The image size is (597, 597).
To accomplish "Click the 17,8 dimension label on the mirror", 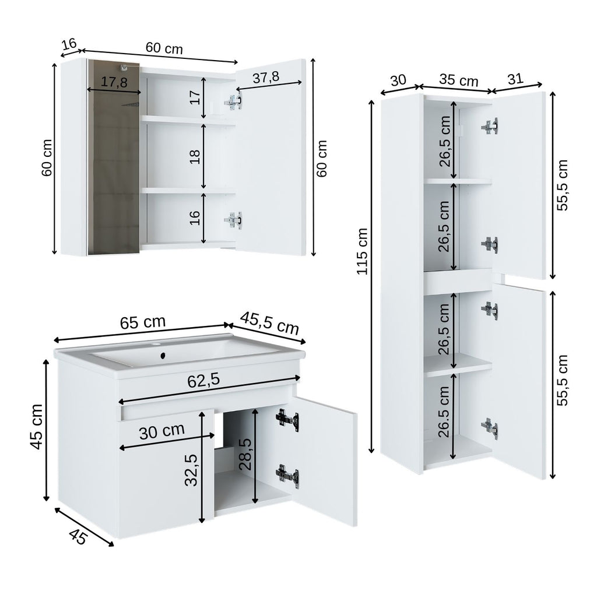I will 114,83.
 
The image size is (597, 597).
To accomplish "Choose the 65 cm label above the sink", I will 142,322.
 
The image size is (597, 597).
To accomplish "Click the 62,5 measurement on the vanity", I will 203,381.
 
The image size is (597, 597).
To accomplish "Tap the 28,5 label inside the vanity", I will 245,455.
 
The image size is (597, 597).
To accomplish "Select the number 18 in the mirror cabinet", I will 195,156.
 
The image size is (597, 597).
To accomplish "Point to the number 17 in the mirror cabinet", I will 195,97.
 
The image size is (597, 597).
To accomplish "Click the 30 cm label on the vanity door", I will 162,432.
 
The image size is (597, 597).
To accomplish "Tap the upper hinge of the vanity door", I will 287,419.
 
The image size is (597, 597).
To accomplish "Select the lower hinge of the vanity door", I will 287,475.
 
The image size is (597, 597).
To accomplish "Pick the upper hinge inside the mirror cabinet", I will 234,101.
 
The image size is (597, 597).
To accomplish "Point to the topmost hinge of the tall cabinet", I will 490,126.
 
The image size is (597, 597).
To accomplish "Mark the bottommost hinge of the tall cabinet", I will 490,427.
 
